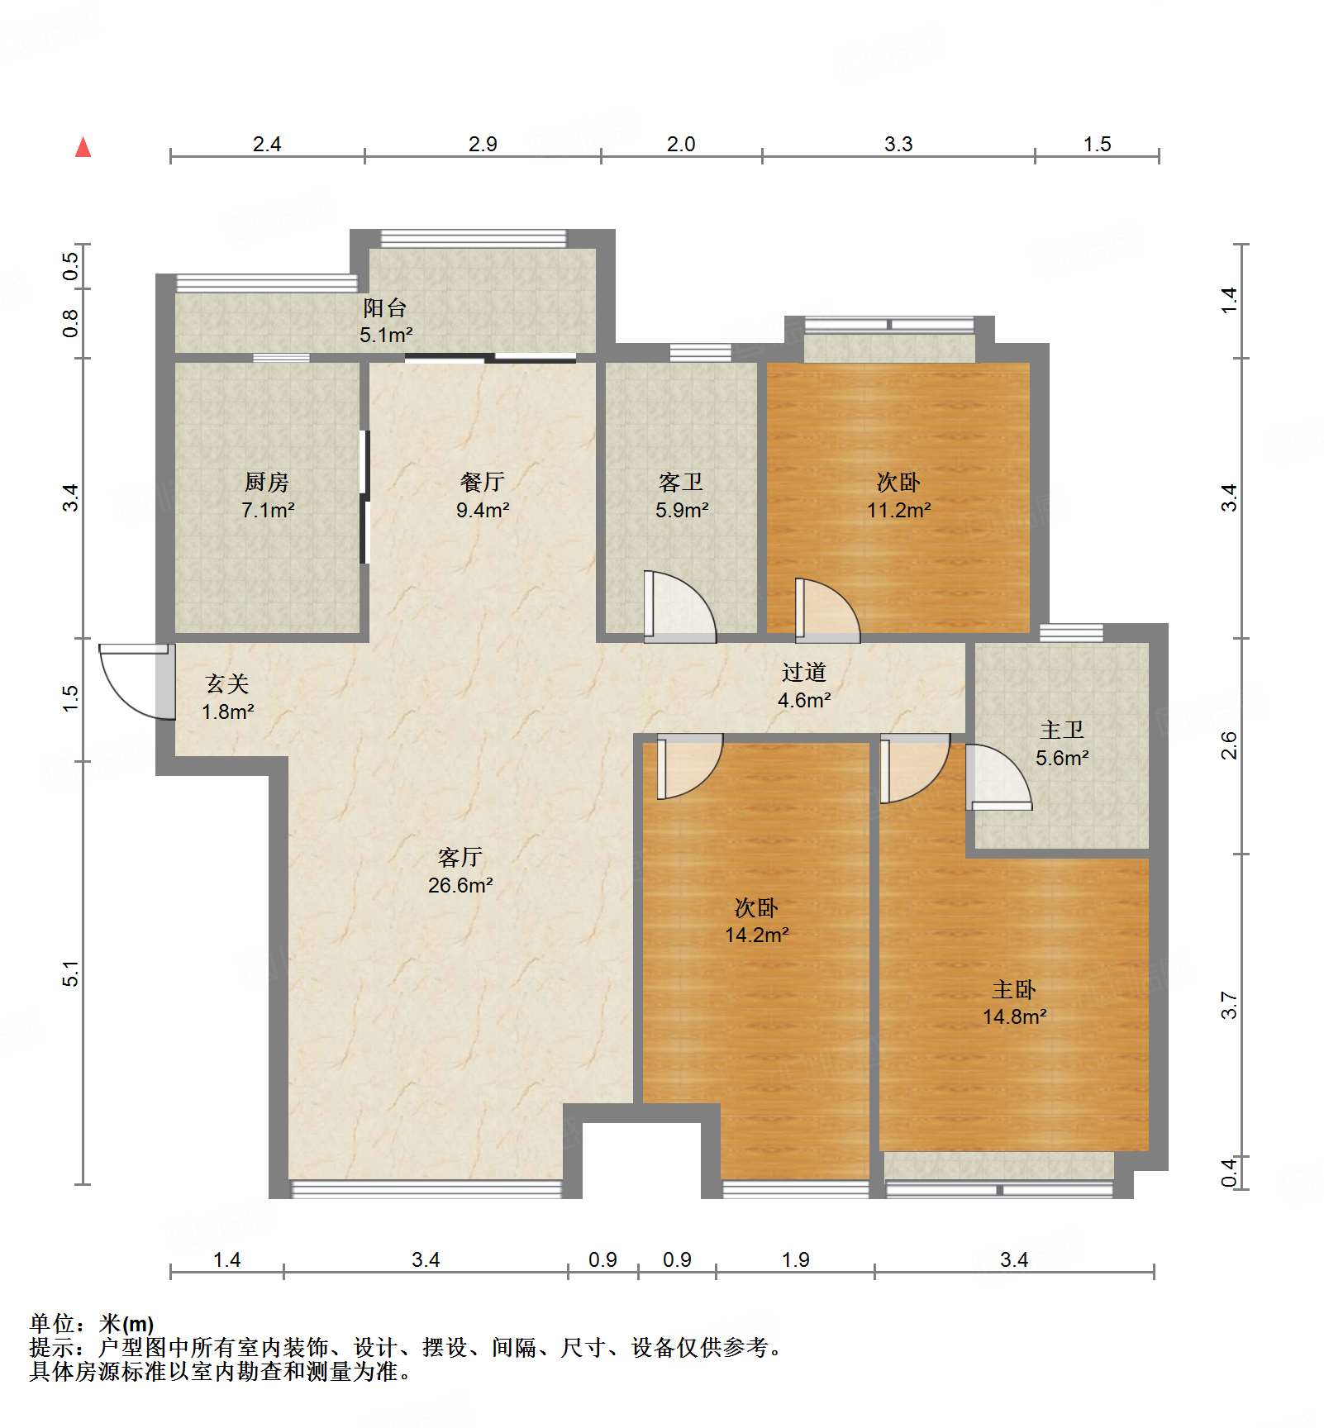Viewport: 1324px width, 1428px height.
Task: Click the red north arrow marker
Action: coord(83,147)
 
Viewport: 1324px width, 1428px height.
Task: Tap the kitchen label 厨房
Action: coord(267,481)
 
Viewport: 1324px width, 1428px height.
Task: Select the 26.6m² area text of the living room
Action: coord(460,885)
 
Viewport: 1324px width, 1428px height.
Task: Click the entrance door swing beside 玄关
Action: coord(132,680)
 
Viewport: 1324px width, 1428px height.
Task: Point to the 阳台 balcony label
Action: coord(385,307)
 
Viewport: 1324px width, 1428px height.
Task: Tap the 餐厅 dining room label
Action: coord(483,481)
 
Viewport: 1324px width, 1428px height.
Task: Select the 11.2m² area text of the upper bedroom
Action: coord(898,510)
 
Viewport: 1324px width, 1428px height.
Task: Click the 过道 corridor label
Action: coord(804,672)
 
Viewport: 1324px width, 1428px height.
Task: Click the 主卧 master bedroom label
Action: coord(1014,989)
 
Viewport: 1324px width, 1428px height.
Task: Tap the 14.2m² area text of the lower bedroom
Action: coord(756,935)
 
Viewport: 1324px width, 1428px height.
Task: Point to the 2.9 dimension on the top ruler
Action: coord(483,144)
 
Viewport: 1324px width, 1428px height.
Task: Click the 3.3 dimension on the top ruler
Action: coord(898,144)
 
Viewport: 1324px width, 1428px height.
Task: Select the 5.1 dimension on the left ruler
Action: coord(71,973)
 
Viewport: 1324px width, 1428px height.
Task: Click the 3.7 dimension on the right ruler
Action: coord(1229,1005)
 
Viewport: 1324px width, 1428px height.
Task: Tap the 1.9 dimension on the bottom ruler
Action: coord(795,1259)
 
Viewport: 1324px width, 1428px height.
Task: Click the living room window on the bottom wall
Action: coord(426,1189)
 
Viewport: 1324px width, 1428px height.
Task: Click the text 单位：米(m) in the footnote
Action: coord(92,1324)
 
